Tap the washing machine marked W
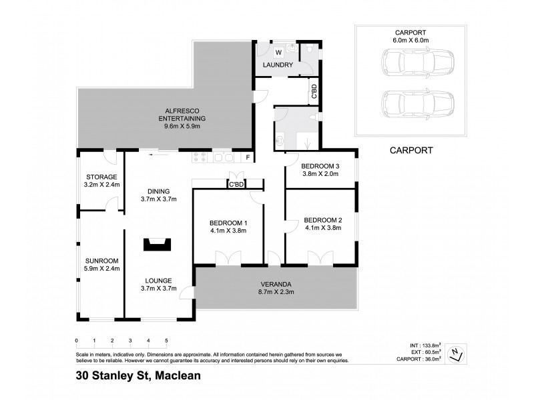[x=278, y=51]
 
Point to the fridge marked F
[x=248, y=157]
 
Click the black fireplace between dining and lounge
[x=158, y=244]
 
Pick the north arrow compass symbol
[x=455, y=355]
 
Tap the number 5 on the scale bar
[x=166, y=340]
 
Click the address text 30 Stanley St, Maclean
[x=138, y=375]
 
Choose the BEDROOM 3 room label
[x=320, y=165]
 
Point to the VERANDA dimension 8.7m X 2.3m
[x=276, y=291]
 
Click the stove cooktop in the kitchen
[x=201, y=157]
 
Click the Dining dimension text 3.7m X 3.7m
[x=158, y=198]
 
